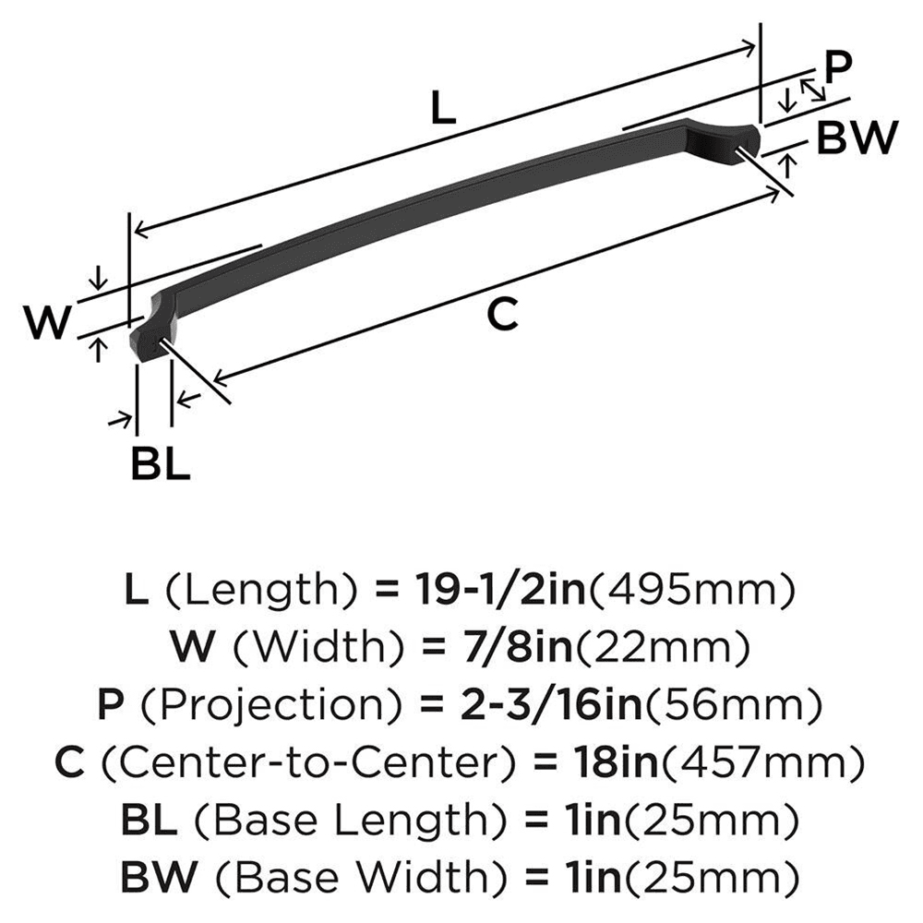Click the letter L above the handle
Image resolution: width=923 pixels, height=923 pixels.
pyautogui.click(x=444, y=111)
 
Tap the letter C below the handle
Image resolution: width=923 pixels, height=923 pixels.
pyautogui.click(x=502, y=316)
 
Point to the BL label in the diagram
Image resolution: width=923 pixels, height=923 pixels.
pyautogui.click(x=160, y=464)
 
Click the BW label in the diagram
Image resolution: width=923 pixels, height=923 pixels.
pyautogui.click(x=857, y=139)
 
